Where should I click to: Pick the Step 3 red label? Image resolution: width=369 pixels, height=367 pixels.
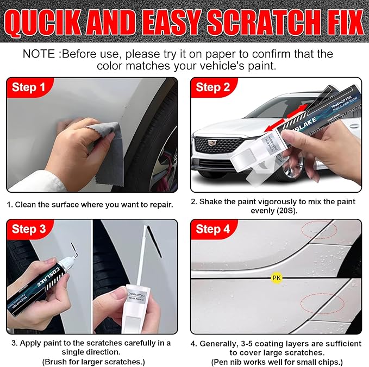pos(28,229)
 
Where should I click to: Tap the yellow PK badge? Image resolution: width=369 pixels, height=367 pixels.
pos(276,278)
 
